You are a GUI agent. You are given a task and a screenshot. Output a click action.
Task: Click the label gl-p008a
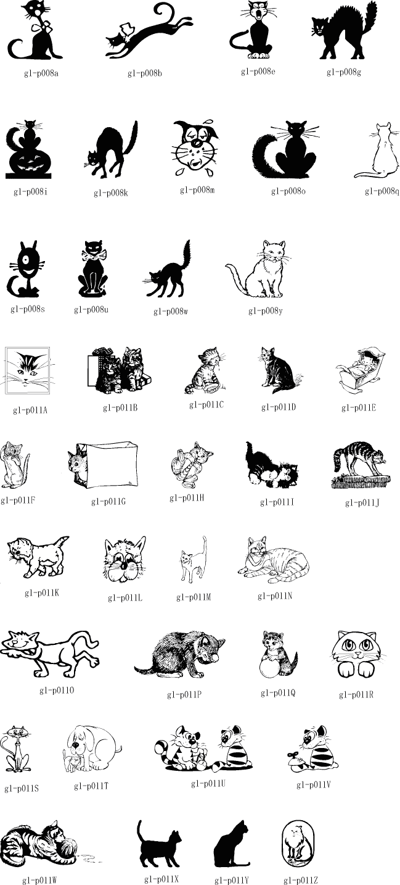click(x=41, y=73)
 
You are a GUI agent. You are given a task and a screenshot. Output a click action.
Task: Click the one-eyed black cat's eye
click(x=26, y=262)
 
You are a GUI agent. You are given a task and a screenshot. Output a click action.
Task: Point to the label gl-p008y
click(x=266, y=311)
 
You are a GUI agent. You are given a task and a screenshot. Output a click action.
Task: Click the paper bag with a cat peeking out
click(x=104, y=465)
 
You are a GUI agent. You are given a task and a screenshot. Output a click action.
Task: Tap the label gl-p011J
click(x=362, y=502)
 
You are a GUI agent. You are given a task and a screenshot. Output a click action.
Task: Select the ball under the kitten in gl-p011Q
click(x=270, y=668)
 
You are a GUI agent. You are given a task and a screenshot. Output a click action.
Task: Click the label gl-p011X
click(x=161, y=879)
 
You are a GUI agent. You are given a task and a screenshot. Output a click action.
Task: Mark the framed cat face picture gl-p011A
click(x=28, y=370)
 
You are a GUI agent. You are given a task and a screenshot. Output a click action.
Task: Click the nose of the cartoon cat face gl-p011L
click(x=124, y=567)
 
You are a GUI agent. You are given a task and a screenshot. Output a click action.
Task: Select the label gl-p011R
click(x=356, y=694)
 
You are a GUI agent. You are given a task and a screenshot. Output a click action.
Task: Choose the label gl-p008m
click(x=197, y=190)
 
